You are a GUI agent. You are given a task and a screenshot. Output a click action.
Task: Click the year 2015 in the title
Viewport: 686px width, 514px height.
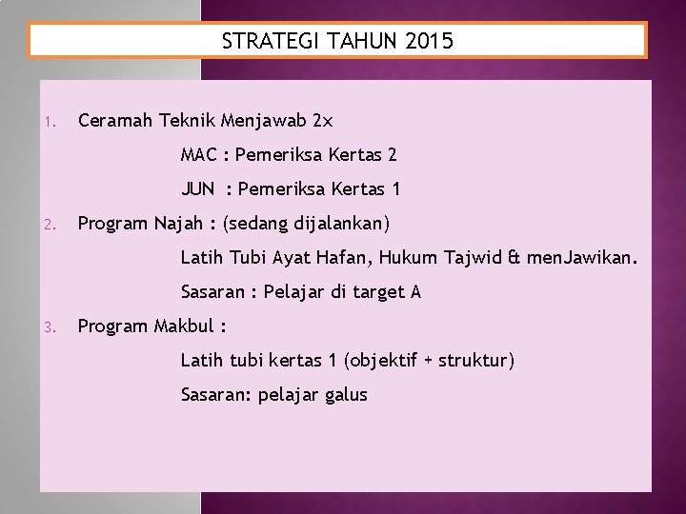pyautogui.click(x=430, y=41)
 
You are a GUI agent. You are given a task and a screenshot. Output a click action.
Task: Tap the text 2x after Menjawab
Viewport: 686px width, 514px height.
pyautogui.click(x=323, y=121)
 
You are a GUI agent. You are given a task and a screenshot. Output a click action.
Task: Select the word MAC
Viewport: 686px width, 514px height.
pyautogui.click(x=198, y=154)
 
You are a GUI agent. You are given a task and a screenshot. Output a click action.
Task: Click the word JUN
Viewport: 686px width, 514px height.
pyautogui.click(x=197, y=188)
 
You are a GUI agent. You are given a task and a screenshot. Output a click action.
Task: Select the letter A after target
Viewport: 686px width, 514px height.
pyautogui.click(x=414, y=291)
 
